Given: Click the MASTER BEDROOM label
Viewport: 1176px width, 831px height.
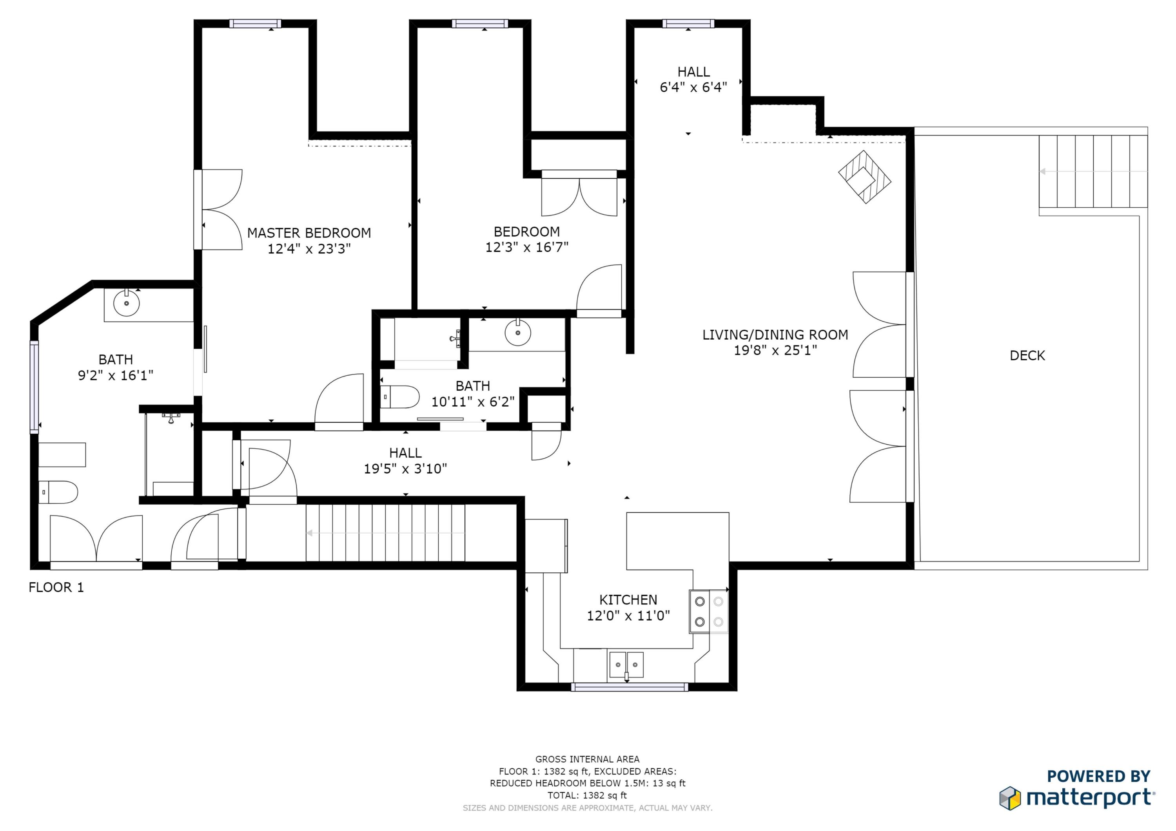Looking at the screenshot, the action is pyautogui.click(x=309, y=233).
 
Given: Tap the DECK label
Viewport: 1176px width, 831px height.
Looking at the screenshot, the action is pyautogui.click(x=1027, y=355).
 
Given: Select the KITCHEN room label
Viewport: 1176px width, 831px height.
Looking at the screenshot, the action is pyautogui.click(x=628, y=599).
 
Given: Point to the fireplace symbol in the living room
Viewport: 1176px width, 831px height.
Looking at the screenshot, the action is pyautogui.click(x=865, y=177).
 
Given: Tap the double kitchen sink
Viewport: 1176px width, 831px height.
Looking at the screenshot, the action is pyautogui.click(x=626, y=665).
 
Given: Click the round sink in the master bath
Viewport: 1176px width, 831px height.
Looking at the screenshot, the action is pyautogui.click(x=126, y=304).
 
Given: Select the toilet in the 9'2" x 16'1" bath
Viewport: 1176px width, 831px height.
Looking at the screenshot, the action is pyautogui.click(x=58, y=492).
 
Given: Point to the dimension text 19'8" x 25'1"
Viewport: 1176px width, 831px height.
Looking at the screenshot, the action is pyautogui.click(x=775, y=350).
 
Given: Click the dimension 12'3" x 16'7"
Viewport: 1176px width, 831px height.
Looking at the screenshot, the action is pyautogui.click(x=526, y=247).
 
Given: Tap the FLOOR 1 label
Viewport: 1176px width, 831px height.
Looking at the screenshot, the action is pyautogui.click(x=56, y=587).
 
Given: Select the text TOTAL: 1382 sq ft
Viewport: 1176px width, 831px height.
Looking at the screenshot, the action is pyautogui.click(x=587, y=795).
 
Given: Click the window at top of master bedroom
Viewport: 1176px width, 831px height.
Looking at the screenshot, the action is pyautogui.click(x=255, y=23).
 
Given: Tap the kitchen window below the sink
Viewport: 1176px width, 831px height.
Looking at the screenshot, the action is pyautogui.click(x=629, y=686).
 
